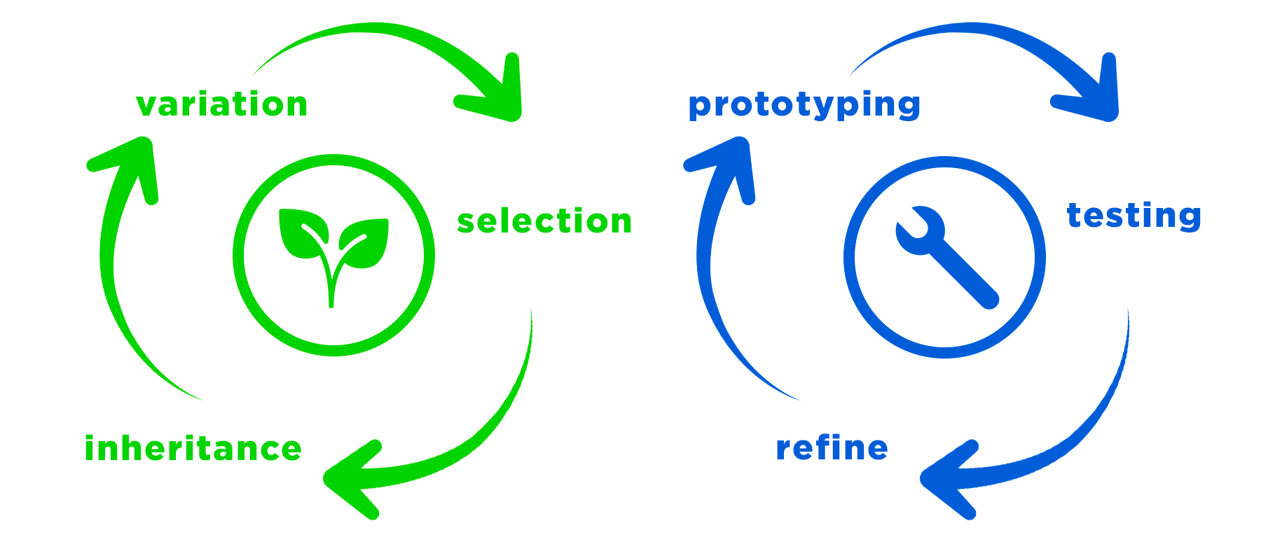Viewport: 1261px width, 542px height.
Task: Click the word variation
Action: point(221,105)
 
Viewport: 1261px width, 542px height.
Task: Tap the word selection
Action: point(544,221)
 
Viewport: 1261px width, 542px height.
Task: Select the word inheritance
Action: point(193,449)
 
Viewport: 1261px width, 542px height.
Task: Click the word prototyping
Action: point(804,105)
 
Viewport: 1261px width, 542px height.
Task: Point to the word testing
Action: point(1133,215)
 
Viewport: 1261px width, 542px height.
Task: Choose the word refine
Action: point(832,448)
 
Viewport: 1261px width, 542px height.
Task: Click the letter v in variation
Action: point(146,106)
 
